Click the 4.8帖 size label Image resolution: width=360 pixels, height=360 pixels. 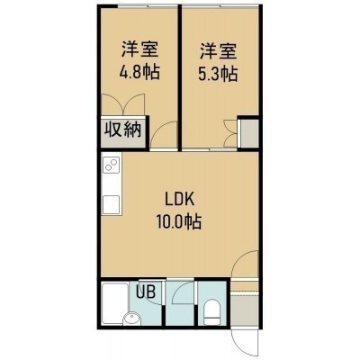[x=139, y=72]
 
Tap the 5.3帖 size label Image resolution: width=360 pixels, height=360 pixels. [x=218, y=74]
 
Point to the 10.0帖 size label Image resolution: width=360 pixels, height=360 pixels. [x=178, y=221]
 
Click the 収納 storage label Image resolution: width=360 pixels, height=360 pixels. [x=122, y=130]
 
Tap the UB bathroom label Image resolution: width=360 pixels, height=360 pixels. [x=146, y=291]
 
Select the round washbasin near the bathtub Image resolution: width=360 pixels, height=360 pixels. [x=131, y=319]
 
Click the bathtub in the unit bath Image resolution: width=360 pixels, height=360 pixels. [x=115, y=303]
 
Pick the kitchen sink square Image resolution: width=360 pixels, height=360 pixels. [x=112, y=204]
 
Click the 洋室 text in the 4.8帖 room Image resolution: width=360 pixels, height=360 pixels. [x=139, y=49]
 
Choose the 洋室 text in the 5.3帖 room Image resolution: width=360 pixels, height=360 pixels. [x=219, y=50]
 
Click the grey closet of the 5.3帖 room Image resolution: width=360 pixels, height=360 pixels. [x=250, y=134]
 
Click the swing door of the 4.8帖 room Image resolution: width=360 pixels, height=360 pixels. [x=164, y=134]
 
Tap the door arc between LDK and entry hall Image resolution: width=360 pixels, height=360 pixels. [x=245, y=264]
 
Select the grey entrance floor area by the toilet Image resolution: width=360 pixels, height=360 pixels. [x=245, y=310]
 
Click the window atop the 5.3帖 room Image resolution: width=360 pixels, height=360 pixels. [x=220, y=6]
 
